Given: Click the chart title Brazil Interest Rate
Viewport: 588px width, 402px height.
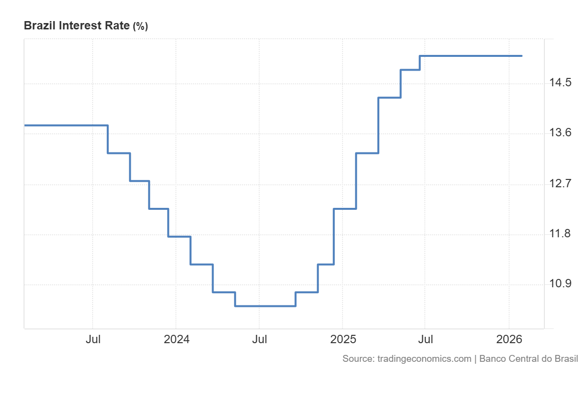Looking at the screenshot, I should click(77, 26).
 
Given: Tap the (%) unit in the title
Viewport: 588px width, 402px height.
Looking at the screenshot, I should click(140, 26).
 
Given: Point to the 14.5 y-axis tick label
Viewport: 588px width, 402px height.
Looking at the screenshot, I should click(560, 82).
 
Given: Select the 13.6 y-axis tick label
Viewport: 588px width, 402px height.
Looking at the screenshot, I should click(560, 133).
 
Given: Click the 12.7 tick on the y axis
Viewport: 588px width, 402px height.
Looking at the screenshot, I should click(560, 184).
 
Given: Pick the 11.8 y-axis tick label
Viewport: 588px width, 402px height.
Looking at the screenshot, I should click(560, 234).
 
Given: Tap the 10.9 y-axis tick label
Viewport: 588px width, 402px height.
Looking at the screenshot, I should click(560, 284).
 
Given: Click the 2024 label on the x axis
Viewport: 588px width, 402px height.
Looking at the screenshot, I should click(176, 340).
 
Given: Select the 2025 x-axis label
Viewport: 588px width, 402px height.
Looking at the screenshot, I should click(343, 340).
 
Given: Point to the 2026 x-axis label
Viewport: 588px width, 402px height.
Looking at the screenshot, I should click(509, 340).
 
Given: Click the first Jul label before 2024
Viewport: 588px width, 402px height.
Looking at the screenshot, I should click(93, 340).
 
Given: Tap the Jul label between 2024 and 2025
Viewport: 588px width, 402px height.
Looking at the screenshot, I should click(260, 340).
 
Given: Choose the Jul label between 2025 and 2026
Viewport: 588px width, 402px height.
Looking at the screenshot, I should click(425, 340).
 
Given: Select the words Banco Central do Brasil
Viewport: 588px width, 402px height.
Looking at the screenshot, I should click(529, 359).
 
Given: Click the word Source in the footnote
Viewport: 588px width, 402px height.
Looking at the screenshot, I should click(358, 359).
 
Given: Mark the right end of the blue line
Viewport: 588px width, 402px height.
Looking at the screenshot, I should click(521, 56).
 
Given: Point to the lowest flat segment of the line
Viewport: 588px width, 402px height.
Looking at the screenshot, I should click(265, 306).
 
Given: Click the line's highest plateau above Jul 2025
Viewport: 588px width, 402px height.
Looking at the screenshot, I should click(470, 56).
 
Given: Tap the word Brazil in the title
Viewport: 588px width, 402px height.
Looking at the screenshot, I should click(40, 26).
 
